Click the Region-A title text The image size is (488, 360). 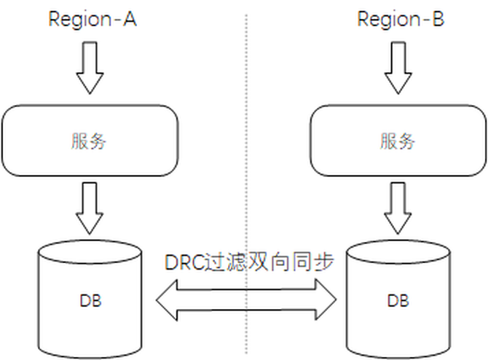93,18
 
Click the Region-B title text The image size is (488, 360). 401,18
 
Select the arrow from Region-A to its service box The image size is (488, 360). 90,67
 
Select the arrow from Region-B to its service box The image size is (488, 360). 398,67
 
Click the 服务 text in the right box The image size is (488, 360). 398,141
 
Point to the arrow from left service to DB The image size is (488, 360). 90,207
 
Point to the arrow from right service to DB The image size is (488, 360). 398,206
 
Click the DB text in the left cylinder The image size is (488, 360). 90,300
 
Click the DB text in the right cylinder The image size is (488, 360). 398,300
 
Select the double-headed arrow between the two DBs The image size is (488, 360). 248,300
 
